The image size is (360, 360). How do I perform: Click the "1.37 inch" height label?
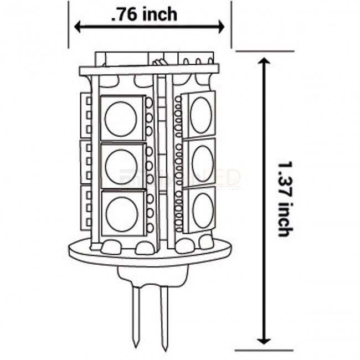point(283,199)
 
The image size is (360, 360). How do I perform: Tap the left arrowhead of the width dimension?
point(78,27)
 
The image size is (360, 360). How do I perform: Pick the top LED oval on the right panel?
point(200,116)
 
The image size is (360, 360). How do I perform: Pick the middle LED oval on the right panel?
point(202,162)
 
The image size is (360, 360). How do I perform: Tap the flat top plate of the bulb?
point(150,70)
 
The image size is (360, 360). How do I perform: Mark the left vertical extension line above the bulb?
point(69,25)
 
